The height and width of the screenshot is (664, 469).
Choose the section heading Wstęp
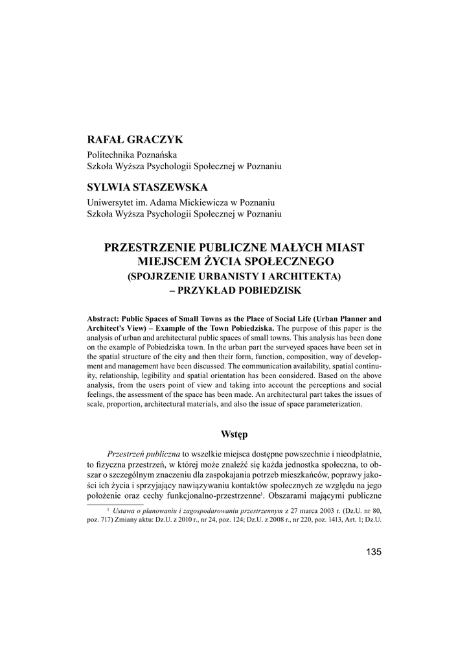pos(234,433)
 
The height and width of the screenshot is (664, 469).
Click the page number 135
pos(374,552)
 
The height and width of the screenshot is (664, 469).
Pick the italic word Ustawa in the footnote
pos(127,511)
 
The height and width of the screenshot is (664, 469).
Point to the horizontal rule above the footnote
pos(115,504)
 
